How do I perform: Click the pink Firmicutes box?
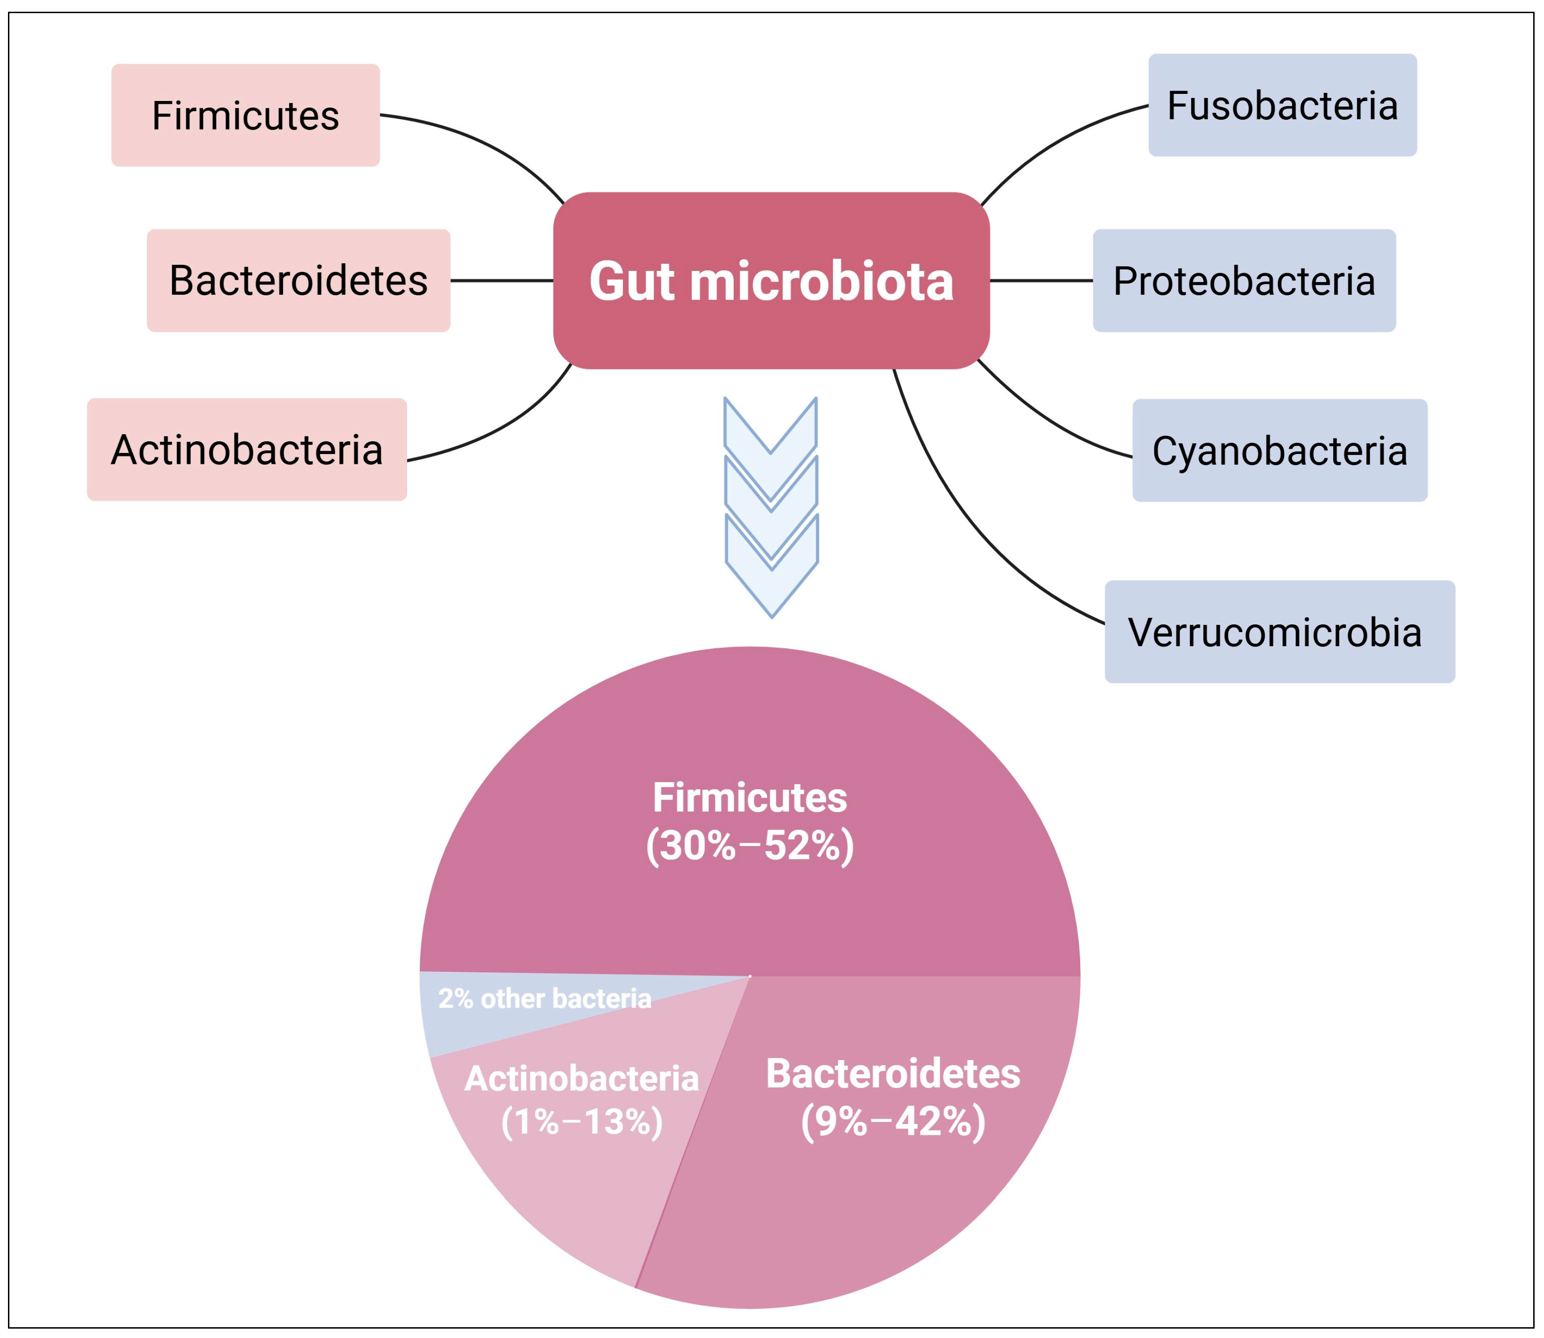[x=245, y=115]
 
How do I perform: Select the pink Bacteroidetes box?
[x=298, y=281]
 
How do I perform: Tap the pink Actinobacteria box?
[x=246, y=449]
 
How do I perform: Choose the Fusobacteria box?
[x=1282, y=105]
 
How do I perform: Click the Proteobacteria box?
[x=1244, y=281]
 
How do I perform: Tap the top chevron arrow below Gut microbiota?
[x=770, y=433]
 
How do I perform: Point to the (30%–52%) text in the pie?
[x=750, y=846]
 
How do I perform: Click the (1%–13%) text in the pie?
[x=582, y=1122]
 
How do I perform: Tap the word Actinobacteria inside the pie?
[x=582, y=1079]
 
